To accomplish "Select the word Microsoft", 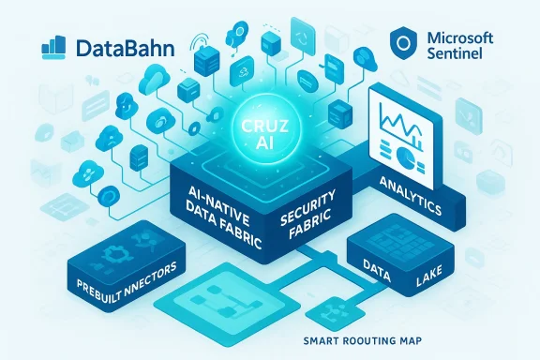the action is [x=466, y=37].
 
